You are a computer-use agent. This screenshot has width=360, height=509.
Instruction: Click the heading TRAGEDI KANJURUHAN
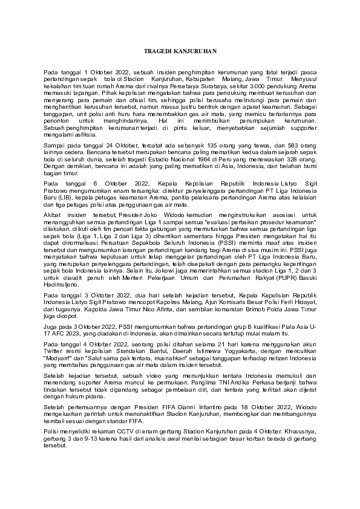point(180,53)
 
